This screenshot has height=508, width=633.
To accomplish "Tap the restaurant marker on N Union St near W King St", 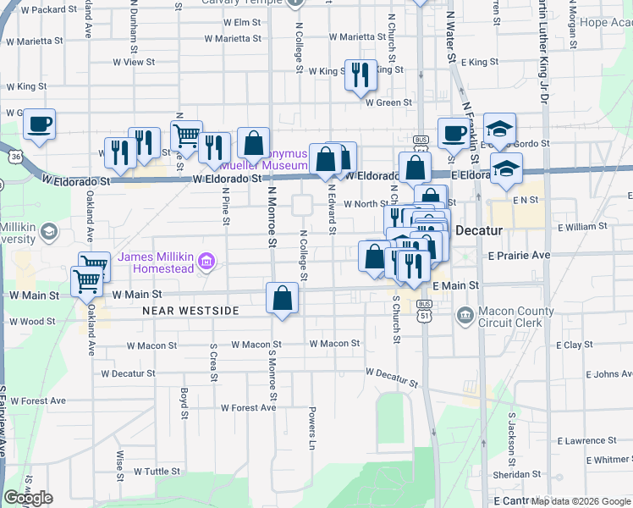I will point(361,75).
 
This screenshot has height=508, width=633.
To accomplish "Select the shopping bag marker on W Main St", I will point(283,298).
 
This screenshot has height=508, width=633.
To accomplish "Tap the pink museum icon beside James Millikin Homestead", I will point(206,263).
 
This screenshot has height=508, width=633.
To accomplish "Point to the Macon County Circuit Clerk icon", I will point(465,317).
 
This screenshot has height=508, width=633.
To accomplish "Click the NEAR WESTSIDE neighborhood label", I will point(190,312).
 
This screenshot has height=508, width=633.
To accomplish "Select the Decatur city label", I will point(480,230).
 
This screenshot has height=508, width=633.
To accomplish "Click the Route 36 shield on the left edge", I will point(16,157).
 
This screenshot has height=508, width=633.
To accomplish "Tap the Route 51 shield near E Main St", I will point(423,314).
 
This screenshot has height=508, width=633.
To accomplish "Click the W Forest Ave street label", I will point(248,407).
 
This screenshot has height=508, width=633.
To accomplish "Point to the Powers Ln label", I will point(312,431).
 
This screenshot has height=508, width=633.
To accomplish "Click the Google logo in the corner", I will point(28,499).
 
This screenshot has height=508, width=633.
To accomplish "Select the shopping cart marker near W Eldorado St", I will point(186,135).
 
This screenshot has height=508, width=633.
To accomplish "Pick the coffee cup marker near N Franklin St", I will point(454,133).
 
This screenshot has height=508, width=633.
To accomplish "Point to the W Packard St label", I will point(47,10).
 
